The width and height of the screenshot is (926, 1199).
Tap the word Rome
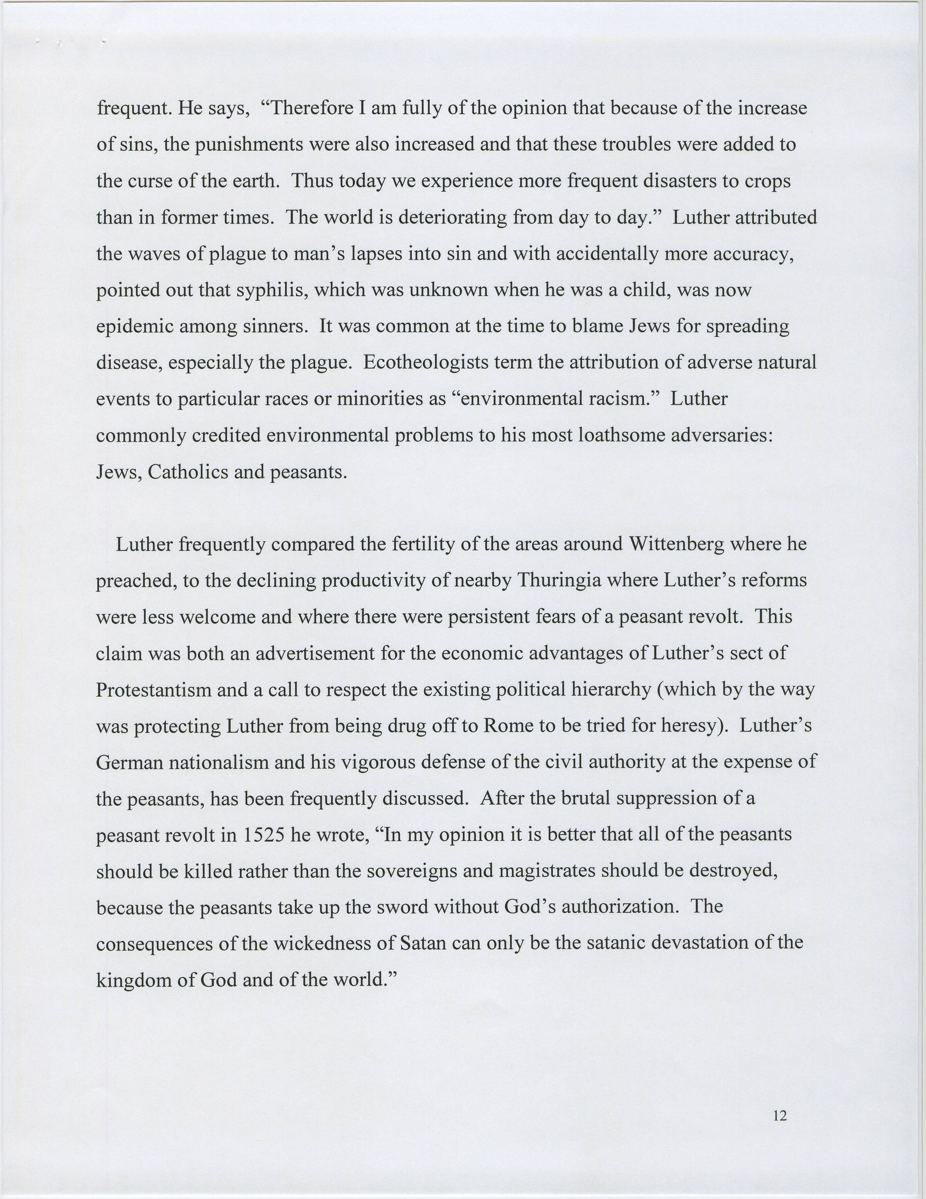point(508,726)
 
